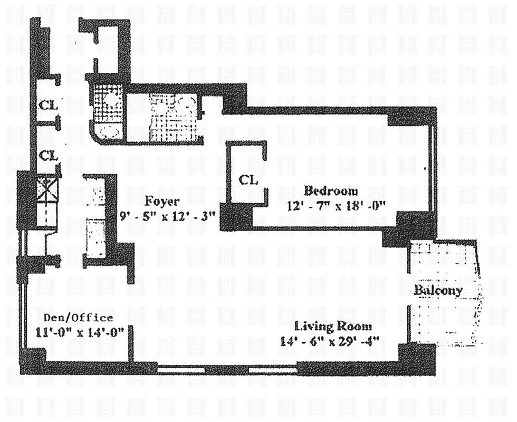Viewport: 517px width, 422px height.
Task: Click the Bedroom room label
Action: click(330, 191)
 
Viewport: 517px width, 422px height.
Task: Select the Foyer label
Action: click(162, 201)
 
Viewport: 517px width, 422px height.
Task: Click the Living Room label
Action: click(325, 326)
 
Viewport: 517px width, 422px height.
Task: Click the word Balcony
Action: click(437, 290)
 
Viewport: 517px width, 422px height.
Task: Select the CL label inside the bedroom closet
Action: click(248, 180)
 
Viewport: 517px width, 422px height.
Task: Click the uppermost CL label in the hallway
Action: click(47, 105)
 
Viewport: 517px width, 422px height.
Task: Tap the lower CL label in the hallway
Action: click(48, 156)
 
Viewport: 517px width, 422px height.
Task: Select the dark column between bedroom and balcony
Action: click(409, 228)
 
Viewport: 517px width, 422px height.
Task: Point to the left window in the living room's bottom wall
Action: click(181, 370)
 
